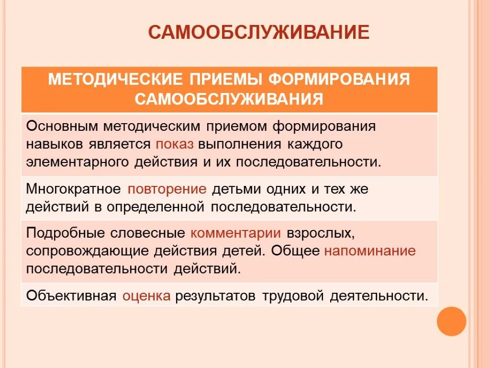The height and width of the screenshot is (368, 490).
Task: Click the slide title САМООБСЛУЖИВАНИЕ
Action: pos(258,33)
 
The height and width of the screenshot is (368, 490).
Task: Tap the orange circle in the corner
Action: pos(451,321)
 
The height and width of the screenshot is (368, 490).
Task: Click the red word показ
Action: pos(174,144)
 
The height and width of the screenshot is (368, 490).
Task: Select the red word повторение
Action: pos(167,189)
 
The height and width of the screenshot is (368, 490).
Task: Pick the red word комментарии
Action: pos(235,233)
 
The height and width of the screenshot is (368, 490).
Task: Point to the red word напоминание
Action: pos(370,251)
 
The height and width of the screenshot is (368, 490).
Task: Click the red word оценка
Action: pos(146,296)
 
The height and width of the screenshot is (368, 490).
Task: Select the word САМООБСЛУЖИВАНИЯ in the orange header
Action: pos(229,99)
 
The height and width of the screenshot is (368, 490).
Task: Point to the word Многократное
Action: pos(73,189)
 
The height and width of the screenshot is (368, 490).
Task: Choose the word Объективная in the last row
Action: pos(71,296)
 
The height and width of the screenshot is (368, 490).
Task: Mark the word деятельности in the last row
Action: pos(378,296)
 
